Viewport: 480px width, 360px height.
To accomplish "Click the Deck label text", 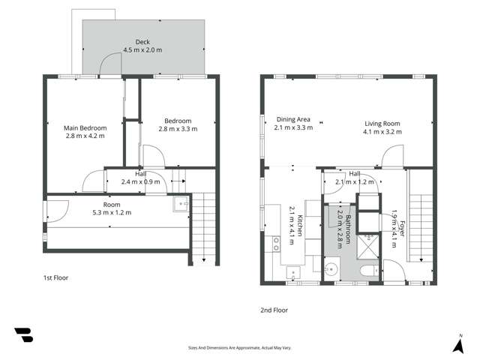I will [142, 42].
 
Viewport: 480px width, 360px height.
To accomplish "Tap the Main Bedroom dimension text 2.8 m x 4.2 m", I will [84, 136].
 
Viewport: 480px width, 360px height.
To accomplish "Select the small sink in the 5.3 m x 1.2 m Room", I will [181, 202].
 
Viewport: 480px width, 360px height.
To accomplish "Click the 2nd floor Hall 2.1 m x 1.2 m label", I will [355, 178].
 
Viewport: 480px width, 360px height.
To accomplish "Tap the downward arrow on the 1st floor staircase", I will [204, 260].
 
